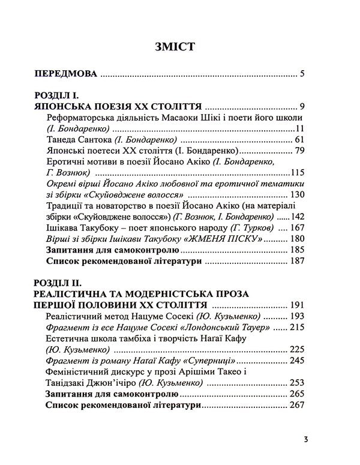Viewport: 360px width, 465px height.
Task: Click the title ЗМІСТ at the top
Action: coord(180,46)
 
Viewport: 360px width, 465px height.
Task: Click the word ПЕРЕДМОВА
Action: coord(65,75)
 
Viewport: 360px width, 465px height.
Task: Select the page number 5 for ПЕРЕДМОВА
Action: coord(304,75)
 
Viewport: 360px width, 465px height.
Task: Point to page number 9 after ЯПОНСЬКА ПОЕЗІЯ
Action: coord(304,106)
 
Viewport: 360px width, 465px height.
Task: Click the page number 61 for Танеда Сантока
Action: coord(301,139)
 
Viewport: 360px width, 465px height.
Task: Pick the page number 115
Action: coord(298,173)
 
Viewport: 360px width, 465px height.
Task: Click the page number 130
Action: coord(298,195)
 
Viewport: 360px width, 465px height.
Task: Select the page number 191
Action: coord(298,305)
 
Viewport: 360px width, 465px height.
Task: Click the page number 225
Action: coord(298,349)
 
